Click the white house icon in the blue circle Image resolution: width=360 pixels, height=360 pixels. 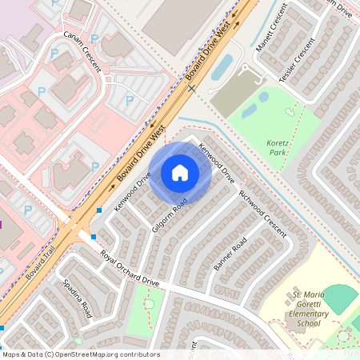point(180,172)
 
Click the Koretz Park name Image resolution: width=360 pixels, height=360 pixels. point(278,146)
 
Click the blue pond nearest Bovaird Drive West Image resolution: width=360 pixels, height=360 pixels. point(222,67)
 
